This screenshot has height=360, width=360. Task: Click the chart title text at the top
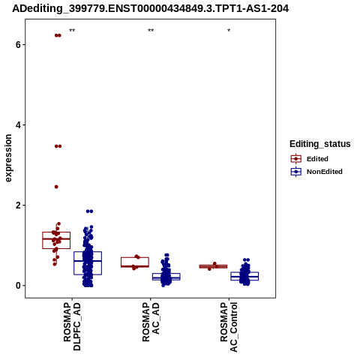(151, 9)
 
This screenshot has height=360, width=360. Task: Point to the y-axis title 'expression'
(8, 158)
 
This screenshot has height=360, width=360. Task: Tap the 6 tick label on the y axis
(18, 45)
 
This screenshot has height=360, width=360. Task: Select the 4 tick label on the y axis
(18, 125)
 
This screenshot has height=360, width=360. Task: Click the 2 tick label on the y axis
(18, 205)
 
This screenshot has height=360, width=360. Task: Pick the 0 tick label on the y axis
(18, 286)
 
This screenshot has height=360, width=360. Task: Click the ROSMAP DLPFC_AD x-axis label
(72, 326)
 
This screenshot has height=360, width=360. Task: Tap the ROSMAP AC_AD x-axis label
(151, 322)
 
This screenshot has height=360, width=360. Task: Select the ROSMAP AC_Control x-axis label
(229, 327)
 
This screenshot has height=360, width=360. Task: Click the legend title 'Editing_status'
(320, 144)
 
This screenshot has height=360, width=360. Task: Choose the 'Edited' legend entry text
(317, 159)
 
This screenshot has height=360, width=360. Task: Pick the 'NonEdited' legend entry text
(325, 172)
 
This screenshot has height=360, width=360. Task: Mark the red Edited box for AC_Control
(213, 265)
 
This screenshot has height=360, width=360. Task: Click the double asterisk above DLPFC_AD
(72, 31)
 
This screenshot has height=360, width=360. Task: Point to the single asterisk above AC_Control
(229, 31)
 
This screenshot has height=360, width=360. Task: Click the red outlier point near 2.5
(56, 187)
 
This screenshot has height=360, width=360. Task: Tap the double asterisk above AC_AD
(151, 31)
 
